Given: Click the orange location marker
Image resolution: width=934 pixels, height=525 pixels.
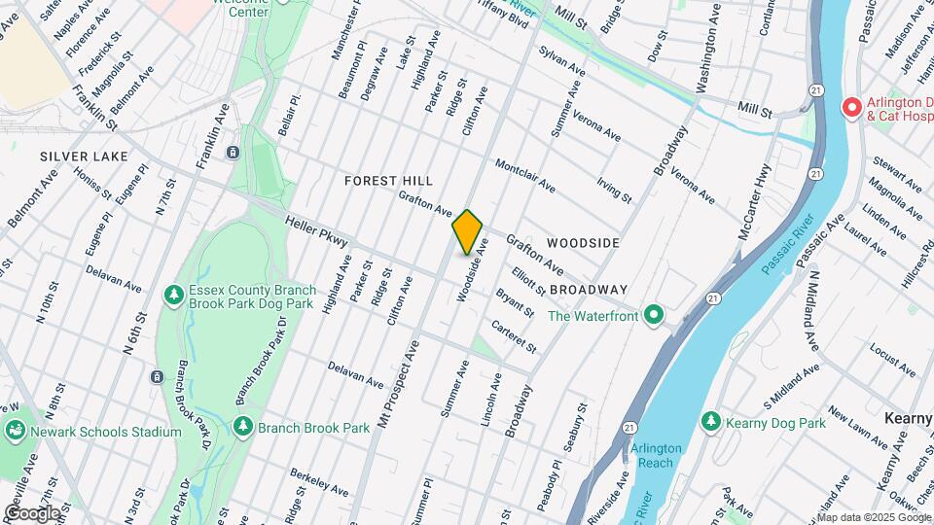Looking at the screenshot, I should point(468,231).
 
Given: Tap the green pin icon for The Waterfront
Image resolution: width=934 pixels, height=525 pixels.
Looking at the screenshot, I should point(655,315).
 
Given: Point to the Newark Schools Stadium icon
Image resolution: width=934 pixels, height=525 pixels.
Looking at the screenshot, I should point(15,431).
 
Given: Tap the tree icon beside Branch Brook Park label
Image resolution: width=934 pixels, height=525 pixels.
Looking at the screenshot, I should point(243,427).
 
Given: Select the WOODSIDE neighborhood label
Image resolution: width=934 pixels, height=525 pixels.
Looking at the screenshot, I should point(584,241).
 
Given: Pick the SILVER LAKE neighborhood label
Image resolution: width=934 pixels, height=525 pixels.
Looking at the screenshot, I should point(77,156).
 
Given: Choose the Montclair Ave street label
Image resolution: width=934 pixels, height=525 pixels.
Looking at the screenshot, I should point(524,175).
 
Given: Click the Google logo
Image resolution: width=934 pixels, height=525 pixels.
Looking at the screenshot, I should point(31,512).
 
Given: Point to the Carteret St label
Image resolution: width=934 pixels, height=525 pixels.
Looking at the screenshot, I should point(514,336).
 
